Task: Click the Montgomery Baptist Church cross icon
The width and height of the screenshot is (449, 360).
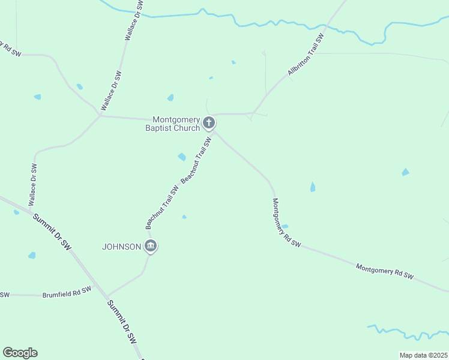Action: (x=209, y=124)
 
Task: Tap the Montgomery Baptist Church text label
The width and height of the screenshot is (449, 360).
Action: (x=176, y=124)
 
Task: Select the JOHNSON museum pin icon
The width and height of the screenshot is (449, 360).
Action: (x=151, y=246)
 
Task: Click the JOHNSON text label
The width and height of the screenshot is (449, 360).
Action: (x=121, y=247)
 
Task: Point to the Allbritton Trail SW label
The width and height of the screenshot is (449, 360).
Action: (x=306, y=54)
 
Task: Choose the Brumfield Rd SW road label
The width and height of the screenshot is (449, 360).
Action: (x=67, y=292)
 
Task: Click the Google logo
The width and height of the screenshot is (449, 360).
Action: (x=20, y=353)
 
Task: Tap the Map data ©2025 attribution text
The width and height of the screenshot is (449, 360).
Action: (x=423, y=355)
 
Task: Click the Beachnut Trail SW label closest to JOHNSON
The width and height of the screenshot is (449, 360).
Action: (x=163, y=206)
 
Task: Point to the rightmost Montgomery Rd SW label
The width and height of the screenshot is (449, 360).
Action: (x=385, y=270)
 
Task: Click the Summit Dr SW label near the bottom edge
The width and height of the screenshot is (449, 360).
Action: (x=122, y=322)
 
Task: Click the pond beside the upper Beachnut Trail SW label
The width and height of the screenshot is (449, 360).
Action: (x=182, y=157)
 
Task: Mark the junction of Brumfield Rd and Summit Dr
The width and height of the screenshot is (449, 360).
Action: (x=107, y=296)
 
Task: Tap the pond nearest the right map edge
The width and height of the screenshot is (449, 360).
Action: (x=406, y=172)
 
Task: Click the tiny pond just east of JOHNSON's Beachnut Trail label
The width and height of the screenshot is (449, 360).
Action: (x=184, y=217)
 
